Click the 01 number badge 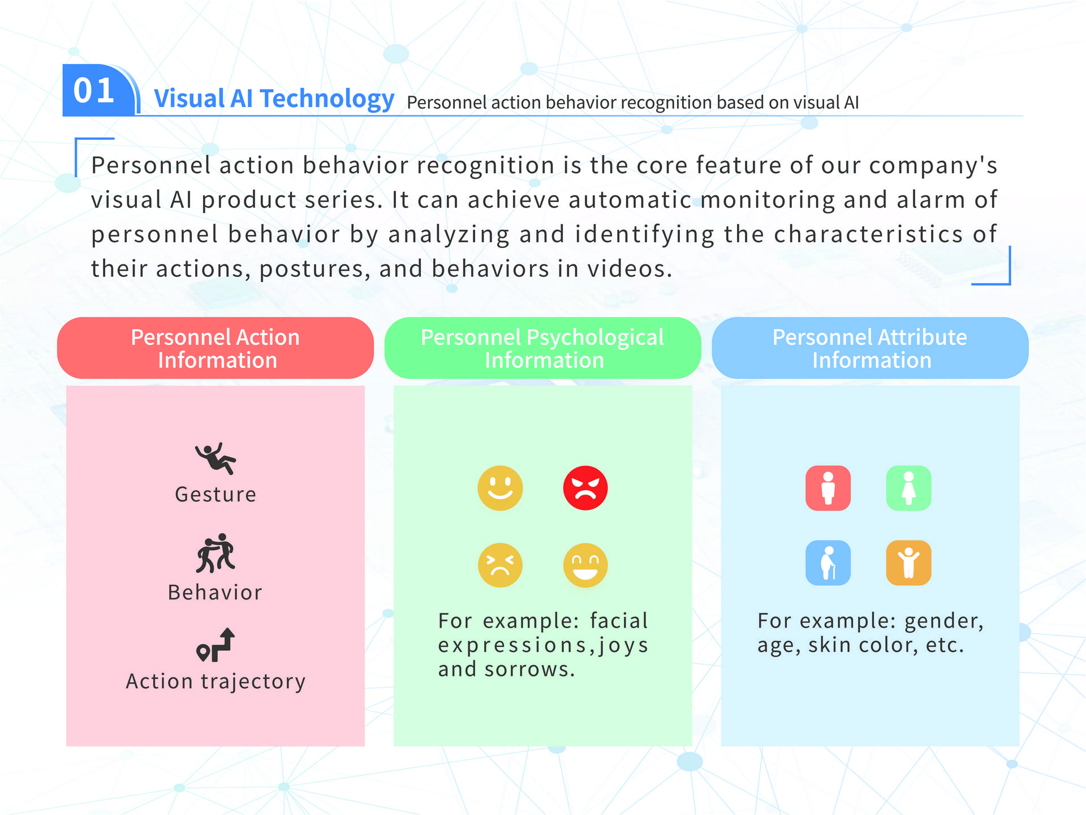point(96,91)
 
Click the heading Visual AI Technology point(274,98)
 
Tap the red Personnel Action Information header point(216,348)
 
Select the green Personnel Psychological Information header point(542,348)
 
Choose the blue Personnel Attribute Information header point(870,348)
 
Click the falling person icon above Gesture point(216,458)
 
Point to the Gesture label point(216,495)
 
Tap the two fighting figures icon point(216,553)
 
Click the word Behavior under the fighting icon point(216,593)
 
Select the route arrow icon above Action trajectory point(216,645)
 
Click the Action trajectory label point(216,681)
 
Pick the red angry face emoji point(585,488)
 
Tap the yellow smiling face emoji point(500,488)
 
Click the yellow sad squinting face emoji point(500,565)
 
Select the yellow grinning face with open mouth point(585,565)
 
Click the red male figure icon point(828,488)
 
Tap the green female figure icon point(908,488)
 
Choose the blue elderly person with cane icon point(828,563)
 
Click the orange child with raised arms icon point(908,563)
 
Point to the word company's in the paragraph point(933,166)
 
